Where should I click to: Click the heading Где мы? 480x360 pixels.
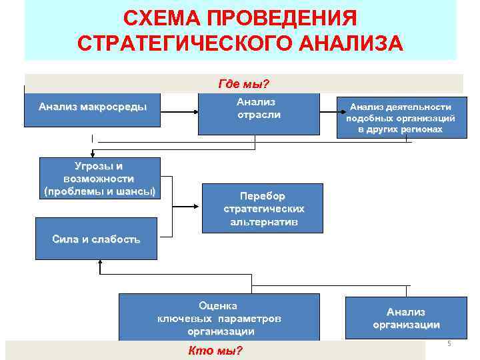point(243,84)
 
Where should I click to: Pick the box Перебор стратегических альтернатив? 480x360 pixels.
point(263,208)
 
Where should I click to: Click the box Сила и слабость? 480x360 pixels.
point(96,239)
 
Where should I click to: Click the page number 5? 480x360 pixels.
point(449,343)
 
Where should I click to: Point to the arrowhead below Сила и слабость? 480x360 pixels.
point(100,264)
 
